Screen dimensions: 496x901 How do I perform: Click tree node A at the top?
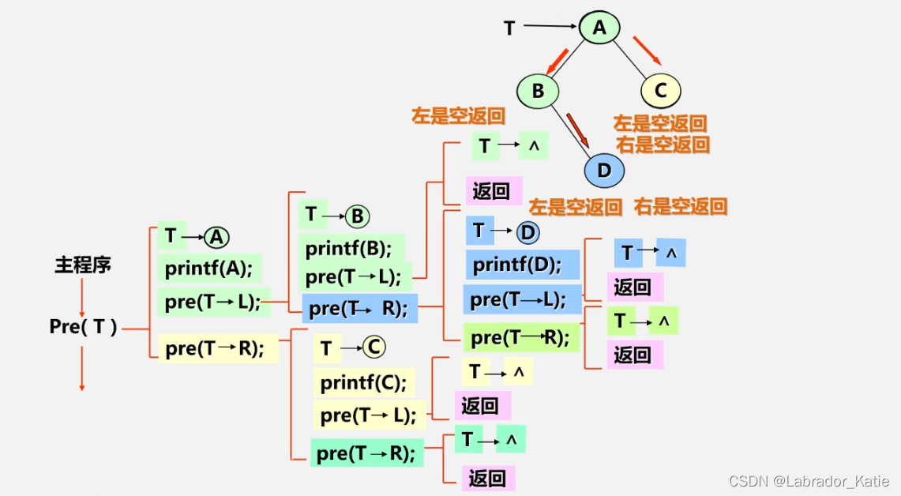coord(599,28)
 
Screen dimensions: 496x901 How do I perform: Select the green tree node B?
coord(538,91)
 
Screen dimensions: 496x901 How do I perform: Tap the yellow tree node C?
coord(661,91)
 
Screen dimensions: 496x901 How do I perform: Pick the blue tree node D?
coord(604,170)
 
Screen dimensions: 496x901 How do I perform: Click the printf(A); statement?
coord(208,269)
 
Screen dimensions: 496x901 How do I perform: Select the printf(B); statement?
coord(350,248)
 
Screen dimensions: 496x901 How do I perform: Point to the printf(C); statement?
coord(363,383)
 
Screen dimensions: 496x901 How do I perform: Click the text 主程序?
coord(83,265)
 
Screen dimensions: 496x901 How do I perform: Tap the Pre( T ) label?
coord(83,327)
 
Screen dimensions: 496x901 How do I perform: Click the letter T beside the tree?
coord(509,28)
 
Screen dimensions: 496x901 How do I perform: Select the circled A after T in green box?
coord(216,237)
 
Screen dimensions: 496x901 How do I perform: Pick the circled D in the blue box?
coord(527,232)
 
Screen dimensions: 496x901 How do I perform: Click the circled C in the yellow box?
coord(374,348)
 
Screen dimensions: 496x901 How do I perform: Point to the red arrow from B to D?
coord(578,129)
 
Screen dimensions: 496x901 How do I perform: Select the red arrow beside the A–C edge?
coord(648,49)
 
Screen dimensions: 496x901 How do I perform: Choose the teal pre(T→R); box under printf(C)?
coord(366,453)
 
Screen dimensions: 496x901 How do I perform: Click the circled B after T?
coord(358,216)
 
